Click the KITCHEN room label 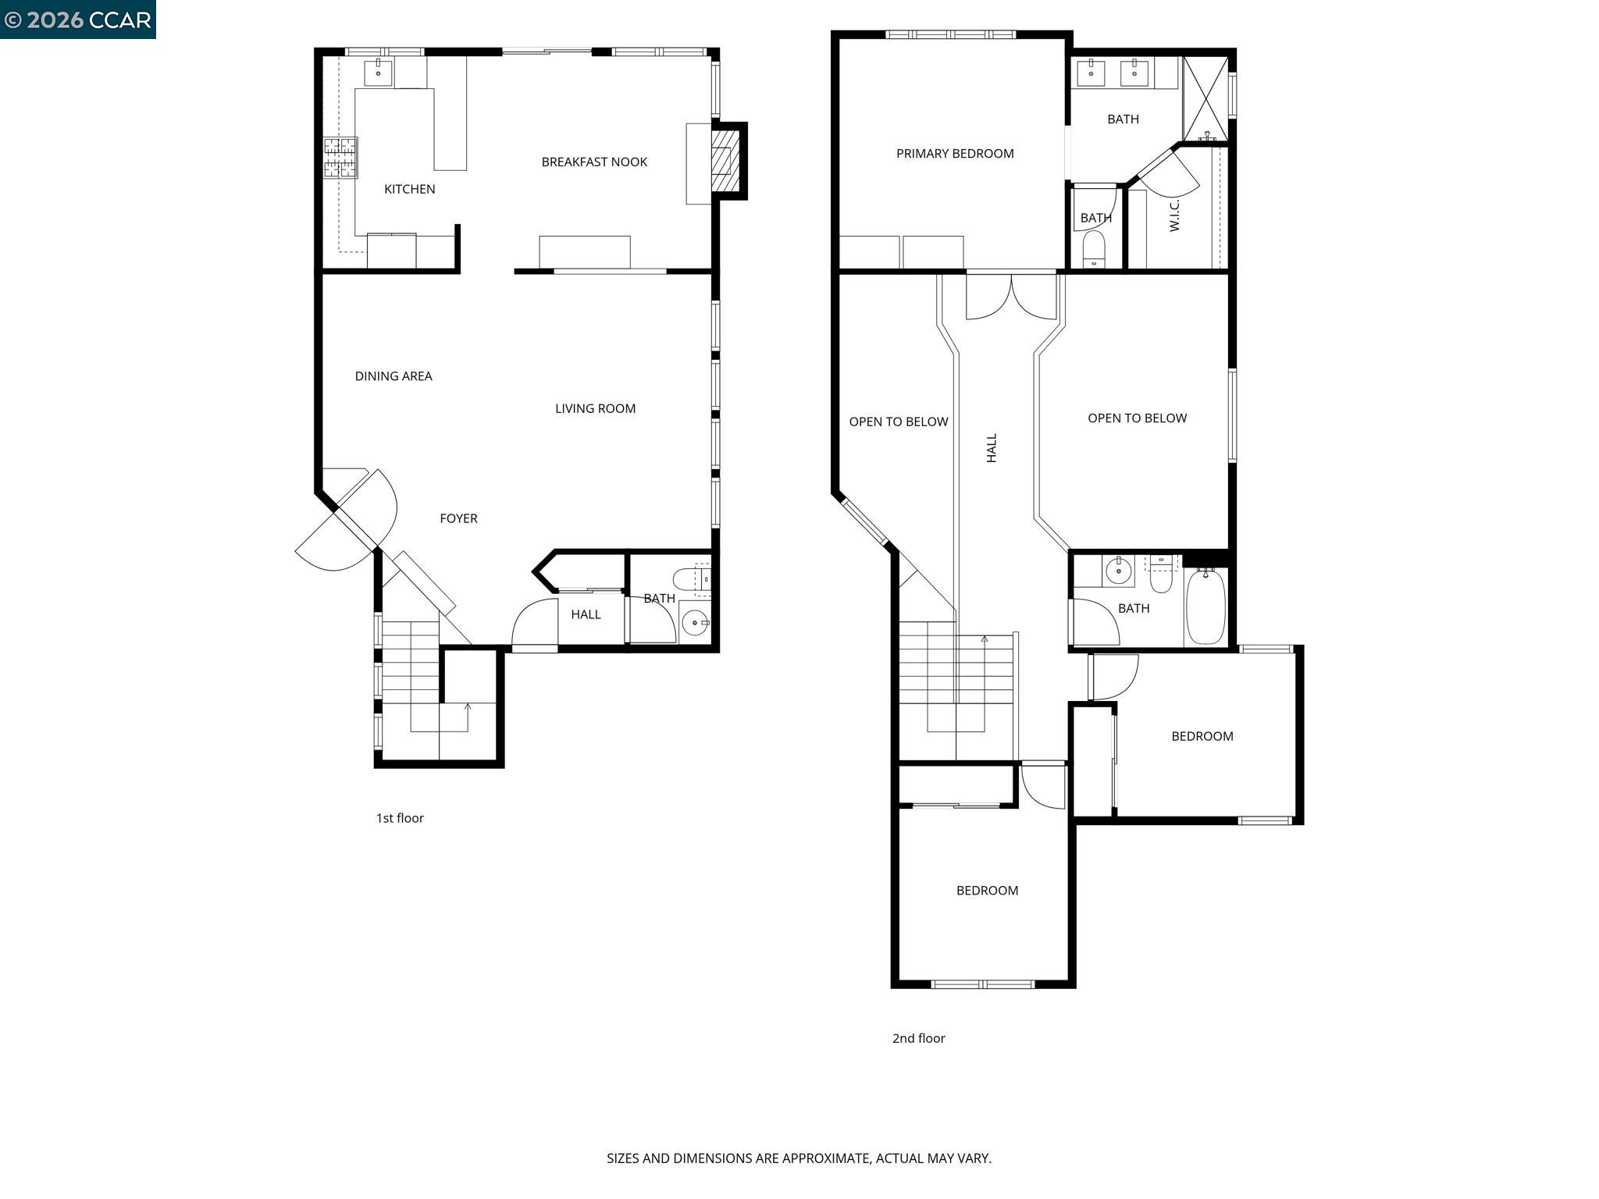[409, 189]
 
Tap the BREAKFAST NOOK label [594, 162]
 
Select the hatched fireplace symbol [725, 161]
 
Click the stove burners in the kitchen [340, 158]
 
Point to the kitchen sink [379, 73]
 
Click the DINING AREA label [394, 376]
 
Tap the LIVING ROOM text [595, 408]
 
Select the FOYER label [458, 518]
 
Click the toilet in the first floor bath [689, 578]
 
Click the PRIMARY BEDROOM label [954, 154]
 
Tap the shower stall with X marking [1205, 98]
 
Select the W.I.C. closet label [1174, 215]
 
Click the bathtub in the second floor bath [1206, 607]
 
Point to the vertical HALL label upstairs [992, 448]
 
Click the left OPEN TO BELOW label [898, 422]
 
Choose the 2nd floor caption [918, 1038]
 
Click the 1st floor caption [400, 818]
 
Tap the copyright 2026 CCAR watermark [77, 20]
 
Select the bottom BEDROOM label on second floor [987, 891]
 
